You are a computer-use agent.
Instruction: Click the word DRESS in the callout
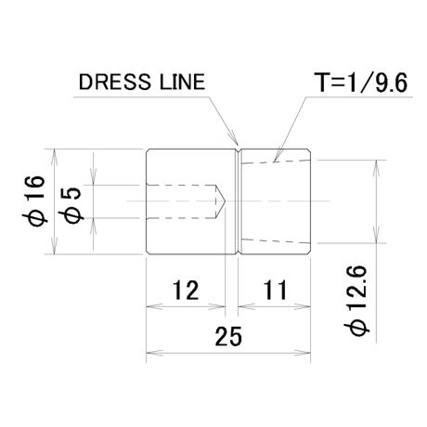point(113,82)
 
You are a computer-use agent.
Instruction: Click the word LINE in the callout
point(182,82)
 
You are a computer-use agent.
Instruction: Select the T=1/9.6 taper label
point(360,83)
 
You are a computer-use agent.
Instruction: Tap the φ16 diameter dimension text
point(34,201)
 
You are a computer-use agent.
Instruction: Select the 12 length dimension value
point(186,290)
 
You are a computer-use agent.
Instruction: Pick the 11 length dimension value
point(275,290)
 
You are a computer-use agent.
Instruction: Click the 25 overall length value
point(228,336)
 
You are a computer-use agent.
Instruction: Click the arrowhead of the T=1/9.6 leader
point(278,156)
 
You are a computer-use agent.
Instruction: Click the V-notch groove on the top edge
point(238,151)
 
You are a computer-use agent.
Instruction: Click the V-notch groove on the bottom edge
point(238,252)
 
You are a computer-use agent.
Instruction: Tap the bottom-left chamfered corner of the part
point(149,252)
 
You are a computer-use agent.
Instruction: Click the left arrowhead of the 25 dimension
point(154,353)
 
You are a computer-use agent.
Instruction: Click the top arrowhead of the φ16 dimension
point(55,157)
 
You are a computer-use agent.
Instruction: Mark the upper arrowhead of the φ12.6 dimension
point(376,169)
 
